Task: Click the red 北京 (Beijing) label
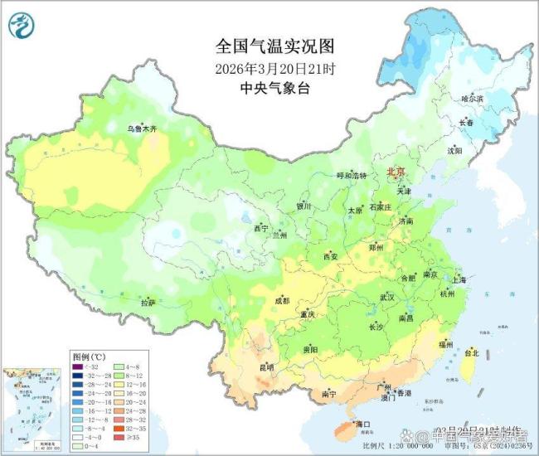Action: point(396,172)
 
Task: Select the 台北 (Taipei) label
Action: point(470,352)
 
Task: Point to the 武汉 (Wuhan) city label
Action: point(386,296)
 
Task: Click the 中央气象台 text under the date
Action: point(267,88)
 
